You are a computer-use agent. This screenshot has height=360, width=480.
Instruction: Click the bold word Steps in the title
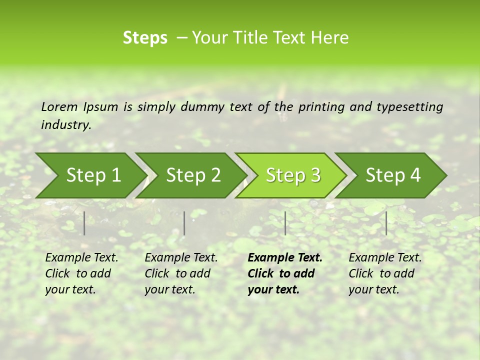pyautogui.click(x=145, y=38)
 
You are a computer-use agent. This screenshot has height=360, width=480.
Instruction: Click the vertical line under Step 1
pyautogui.click(x=84, y=223)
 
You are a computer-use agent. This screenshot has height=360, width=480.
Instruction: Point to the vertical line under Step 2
pyautogui.click(x=184, y=223)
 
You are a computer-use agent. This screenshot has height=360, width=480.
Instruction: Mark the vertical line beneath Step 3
pyautogui.click(x=285, y=223)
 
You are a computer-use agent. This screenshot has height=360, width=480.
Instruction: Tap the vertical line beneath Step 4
pyautogui.click(x=386, y=223)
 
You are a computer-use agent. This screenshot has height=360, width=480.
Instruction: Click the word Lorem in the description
pyautogui.click(x=59, y=106)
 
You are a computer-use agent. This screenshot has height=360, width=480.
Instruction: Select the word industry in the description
pyautogui.click(x=66, y=124)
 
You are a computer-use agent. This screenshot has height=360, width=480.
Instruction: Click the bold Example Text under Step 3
pyautogui.click(x=285, y=257)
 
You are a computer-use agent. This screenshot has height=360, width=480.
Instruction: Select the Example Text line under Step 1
pyautogui.click(x=81, y=257)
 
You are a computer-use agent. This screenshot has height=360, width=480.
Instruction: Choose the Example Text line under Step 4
pyautogui.click(x=385, y=257)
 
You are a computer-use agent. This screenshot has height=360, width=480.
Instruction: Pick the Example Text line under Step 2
pyautogui.click(x=181, y=257)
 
